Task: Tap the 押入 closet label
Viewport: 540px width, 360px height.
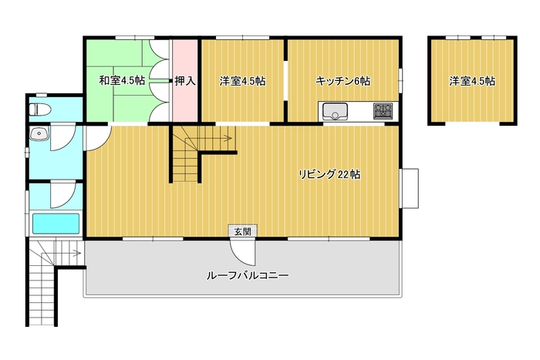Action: tap(185, 80)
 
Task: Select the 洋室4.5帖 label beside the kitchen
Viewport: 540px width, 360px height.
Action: tap(242, 80)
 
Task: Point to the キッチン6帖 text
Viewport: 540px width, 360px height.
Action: tap(343, 80)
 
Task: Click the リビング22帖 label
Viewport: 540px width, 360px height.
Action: tap(329, 174)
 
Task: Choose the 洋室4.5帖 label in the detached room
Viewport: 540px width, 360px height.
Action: tap(472, 80)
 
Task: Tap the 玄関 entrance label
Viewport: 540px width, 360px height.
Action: tap(238, 230)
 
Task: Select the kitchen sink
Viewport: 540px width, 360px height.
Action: tap(336, 112)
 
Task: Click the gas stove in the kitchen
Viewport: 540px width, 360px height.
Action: tap(383, 111)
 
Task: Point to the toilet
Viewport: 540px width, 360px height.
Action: tap(41, 108)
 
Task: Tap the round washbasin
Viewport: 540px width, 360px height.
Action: tap(39, 136)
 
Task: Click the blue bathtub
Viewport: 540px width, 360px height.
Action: tap(56, 224)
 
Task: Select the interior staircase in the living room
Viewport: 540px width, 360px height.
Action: tap(190, 155)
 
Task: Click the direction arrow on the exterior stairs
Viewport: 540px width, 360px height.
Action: tap(74, 251)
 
